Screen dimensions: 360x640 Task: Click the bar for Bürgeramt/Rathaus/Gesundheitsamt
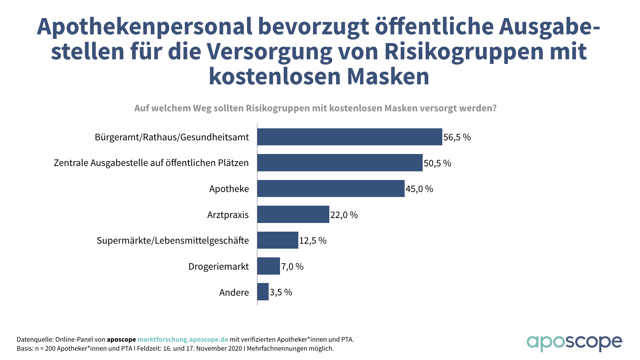(349, 137)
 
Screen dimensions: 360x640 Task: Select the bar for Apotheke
(331, 189)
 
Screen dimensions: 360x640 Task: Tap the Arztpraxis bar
(293, 214)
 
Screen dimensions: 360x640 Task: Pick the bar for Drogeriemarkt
(268, 266)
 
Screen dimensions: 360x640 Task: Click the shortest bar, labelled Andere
(263, 292)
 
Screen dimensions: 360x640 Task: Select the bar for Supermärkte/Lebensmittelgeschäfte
(277, 240)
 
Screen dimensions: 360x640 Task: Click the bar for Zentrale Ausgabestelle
(340, 163)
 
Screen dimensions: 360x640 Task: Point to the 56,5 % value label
(457, 137)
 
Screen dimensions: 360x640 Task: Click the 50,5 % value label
(437, 163)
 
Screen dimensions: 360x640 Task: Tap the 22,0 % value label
(344, 215)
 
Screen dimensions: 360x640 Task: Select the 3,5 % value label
(281, 292)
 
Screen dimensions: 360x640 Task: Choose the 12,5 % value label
(313, 240)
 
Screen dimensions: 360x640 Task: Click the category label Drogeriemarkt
(218, 266)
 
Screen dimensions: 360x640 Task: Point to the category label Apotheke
(229, 189)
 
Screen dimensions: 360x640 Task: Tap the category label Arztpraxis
(228, 215)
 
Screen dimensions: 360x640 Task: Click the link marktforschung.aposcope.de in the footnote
(183, 339)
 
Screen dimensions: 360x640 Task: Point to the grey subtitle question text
(315, 108)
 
